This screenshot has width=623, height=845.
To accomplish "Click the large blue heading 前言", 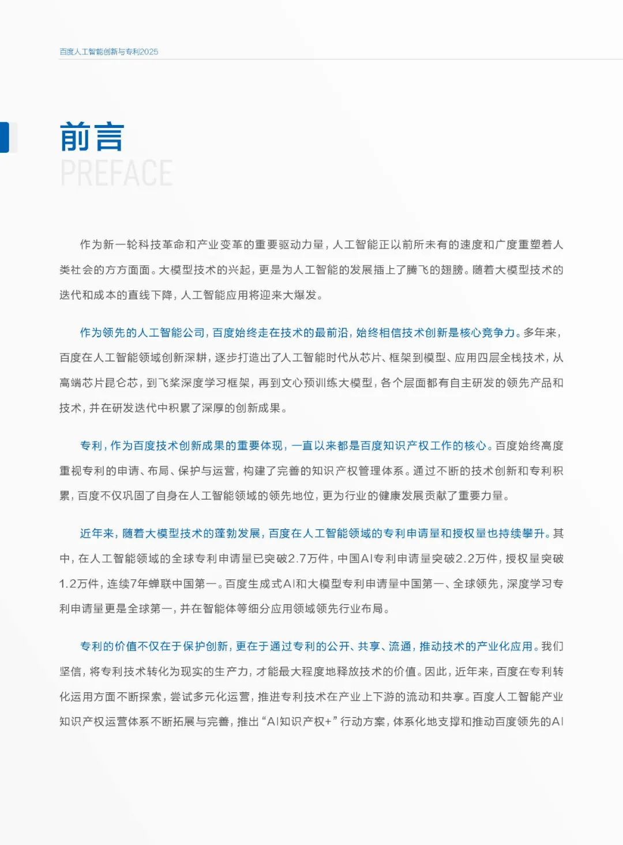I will pyautogui.click(x=92, y=137).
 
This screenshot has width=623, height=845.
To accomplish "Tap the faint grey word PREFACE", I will pyautogui.click(x=116, y=173).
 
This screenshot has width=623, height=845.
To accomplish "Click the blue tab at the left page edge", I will pyautogui.click(x=5, y=137).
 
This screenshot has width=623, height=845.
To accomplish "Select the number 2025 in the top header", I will pyautogui.click(x=149, y=52).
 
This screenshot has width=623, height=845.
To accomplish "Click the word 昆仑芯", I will pyautogui.click(x=121, y=383).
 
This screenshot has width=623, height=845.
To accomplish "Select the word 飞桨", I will pyautogui.click(x=174, y=383).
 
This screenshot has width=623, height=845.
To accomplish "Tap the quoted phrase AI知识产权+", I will pyautogui.click(x=302, y=722).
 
